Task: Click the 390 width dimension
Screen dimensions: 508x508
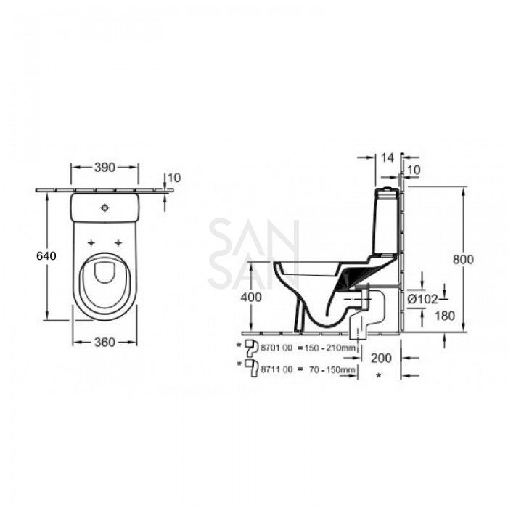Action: coord(104,168)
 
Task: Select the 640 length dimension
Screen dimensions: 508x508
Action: coord(45,255)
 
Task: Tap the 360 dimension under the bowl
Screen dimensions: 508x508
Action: coord(105,343)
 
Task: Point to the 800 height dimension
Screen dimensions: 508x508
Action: coord(463,259)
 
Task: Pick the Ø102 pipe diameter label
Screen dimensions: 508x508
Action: coord(422,298)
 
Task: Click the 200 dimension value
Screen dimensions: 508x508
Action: coord(380,358)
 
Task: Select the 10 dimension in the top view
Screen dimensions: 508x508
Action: coord(174,177)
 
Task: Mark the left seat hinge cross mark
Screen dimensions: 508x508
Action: coord(91,242)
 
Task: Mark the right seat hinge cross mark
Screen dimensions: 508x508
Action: coord(117,242)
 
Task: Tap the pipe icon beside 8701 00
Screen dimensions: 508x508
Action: coord(251,345)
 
